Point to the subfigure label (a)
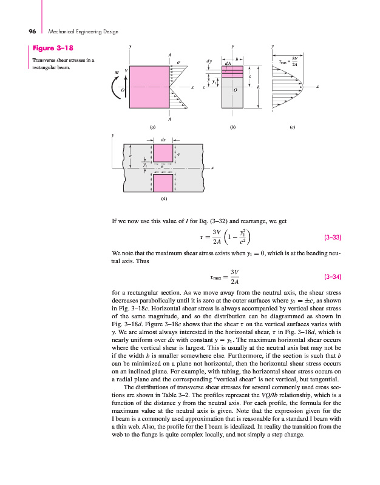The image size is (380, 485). tap(152, 128)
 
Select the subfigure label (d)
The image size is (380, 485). tap(165, 198)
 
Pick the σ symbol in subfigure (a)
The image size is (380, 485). tap(178, 62)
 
